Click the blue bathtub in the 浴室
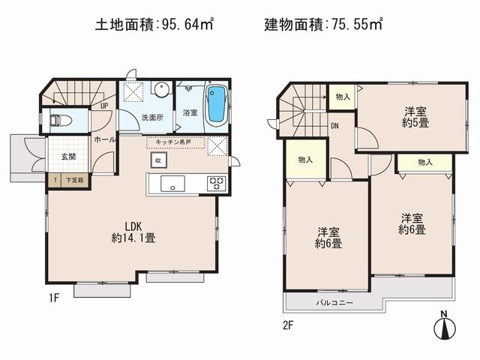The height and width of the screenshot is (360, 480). [215, 104]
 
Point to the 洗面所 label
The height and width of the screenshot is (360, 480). [152, 117]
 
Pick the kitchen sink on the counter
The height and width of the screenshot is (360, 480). [169, 182]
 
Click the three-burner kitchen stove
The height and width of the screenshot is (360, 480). [215, 182]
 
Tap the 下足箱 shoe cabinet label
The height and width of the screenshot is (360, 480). [73, 180]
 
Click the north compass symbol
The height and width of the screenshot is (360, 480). [443, 327]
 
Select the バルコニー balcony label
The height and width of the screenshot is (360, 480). [334, 302]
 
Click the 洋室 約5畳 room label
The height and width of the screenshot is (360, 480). [415, 117]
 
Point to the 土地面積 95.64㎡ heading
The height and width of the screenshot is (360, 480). [154, 25]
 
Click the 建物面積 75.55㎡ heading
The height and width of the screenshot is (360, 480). [323, 25]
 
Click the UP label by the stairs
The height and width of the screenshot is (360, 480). [104, 105]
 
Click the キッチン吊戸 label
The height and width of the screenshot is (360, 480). [175, 140]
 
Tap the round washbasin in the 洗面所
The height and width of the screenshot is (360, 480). [161, 89]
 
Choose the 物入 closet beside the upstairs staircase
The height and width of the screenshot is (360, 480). [342, 96]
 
